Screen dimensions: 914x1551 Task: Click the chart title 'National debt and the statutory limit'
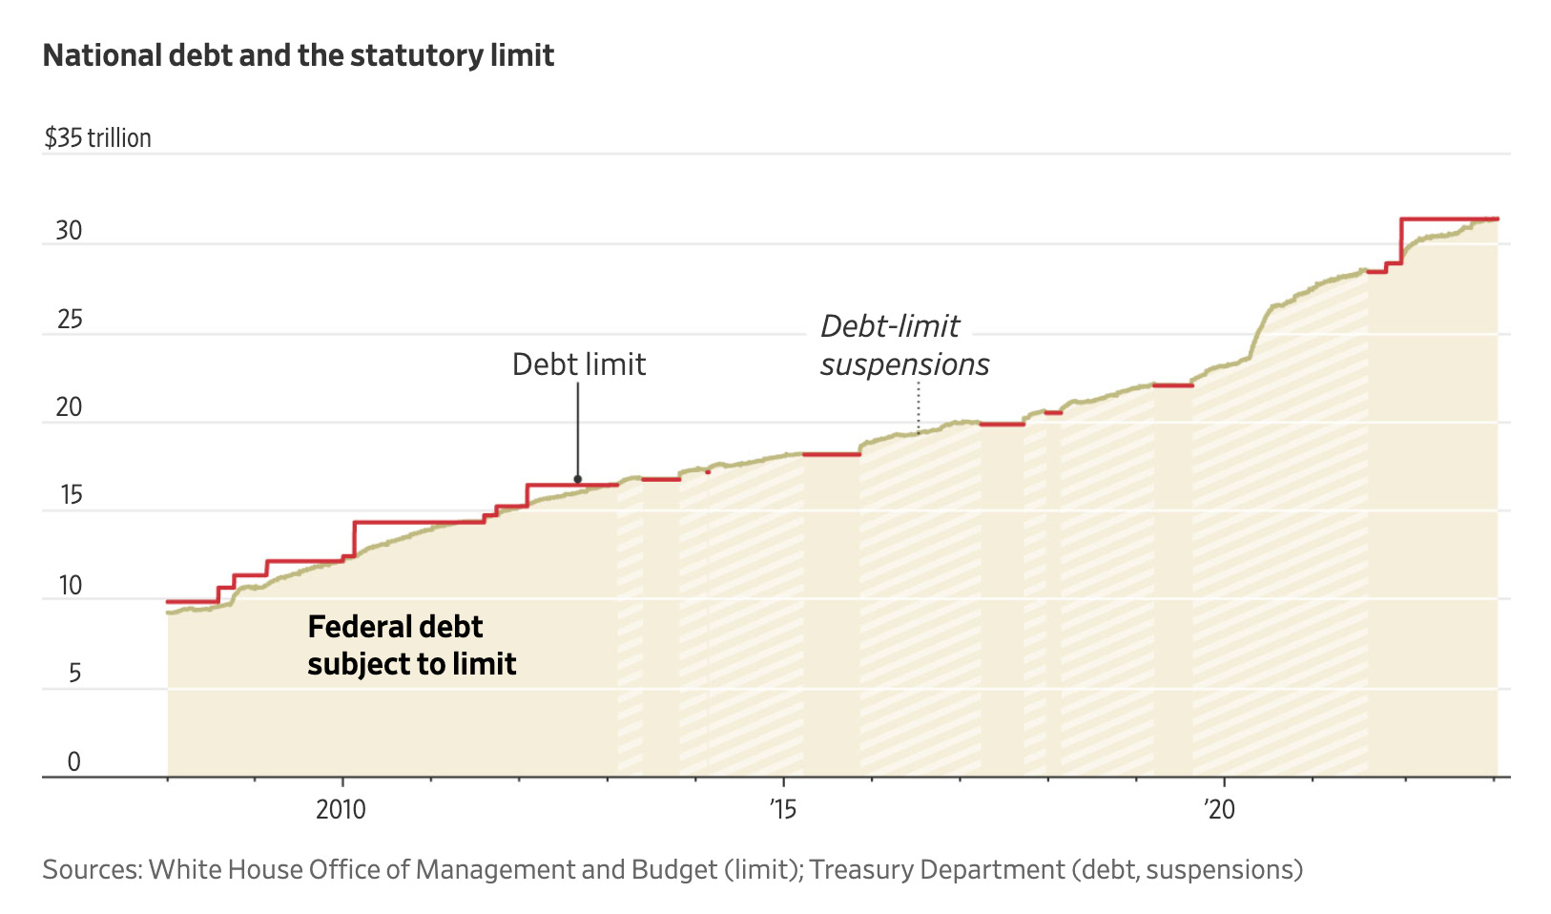(x=298, y=55)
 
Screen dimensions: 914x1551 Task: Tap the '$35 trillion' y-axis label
(x=97, y=138)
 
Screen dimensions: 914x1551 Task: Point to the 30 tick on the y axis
(x=69, y=231)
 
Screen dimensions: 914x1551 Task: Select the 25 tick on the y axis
(x=70, y=320)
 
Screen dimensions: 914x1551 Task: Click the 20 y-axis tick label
(x=69, y=407)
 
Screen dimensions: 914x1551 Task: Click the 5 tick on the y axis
(x=74, y=674)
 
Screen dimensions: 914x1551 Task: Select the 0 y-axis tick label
(x=73, y=761)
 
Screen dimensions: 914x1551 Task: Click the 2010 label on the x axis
(x=341, y=810)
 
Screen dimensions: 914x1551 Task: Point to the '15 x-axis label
(x=782, y=810)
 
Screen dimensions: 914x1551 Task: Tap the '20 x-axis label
(x=1219, y=810)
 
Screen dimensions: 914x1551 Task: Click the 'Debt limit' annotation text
(x=578, y=364)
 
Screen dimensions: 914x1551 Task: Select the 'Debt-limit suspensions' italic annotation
(x=903, y=345)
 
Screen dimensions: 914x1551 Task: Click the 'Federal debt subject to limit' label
(x=411, y=645)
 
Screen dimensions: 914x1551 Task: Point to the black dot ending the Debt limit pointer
(x=577, y=480)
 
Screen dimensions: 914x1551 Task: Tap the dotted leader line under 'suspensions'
(x=918, y=408)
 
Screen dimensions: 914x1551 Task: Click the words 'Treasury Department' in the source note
(x=937, y=870)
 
